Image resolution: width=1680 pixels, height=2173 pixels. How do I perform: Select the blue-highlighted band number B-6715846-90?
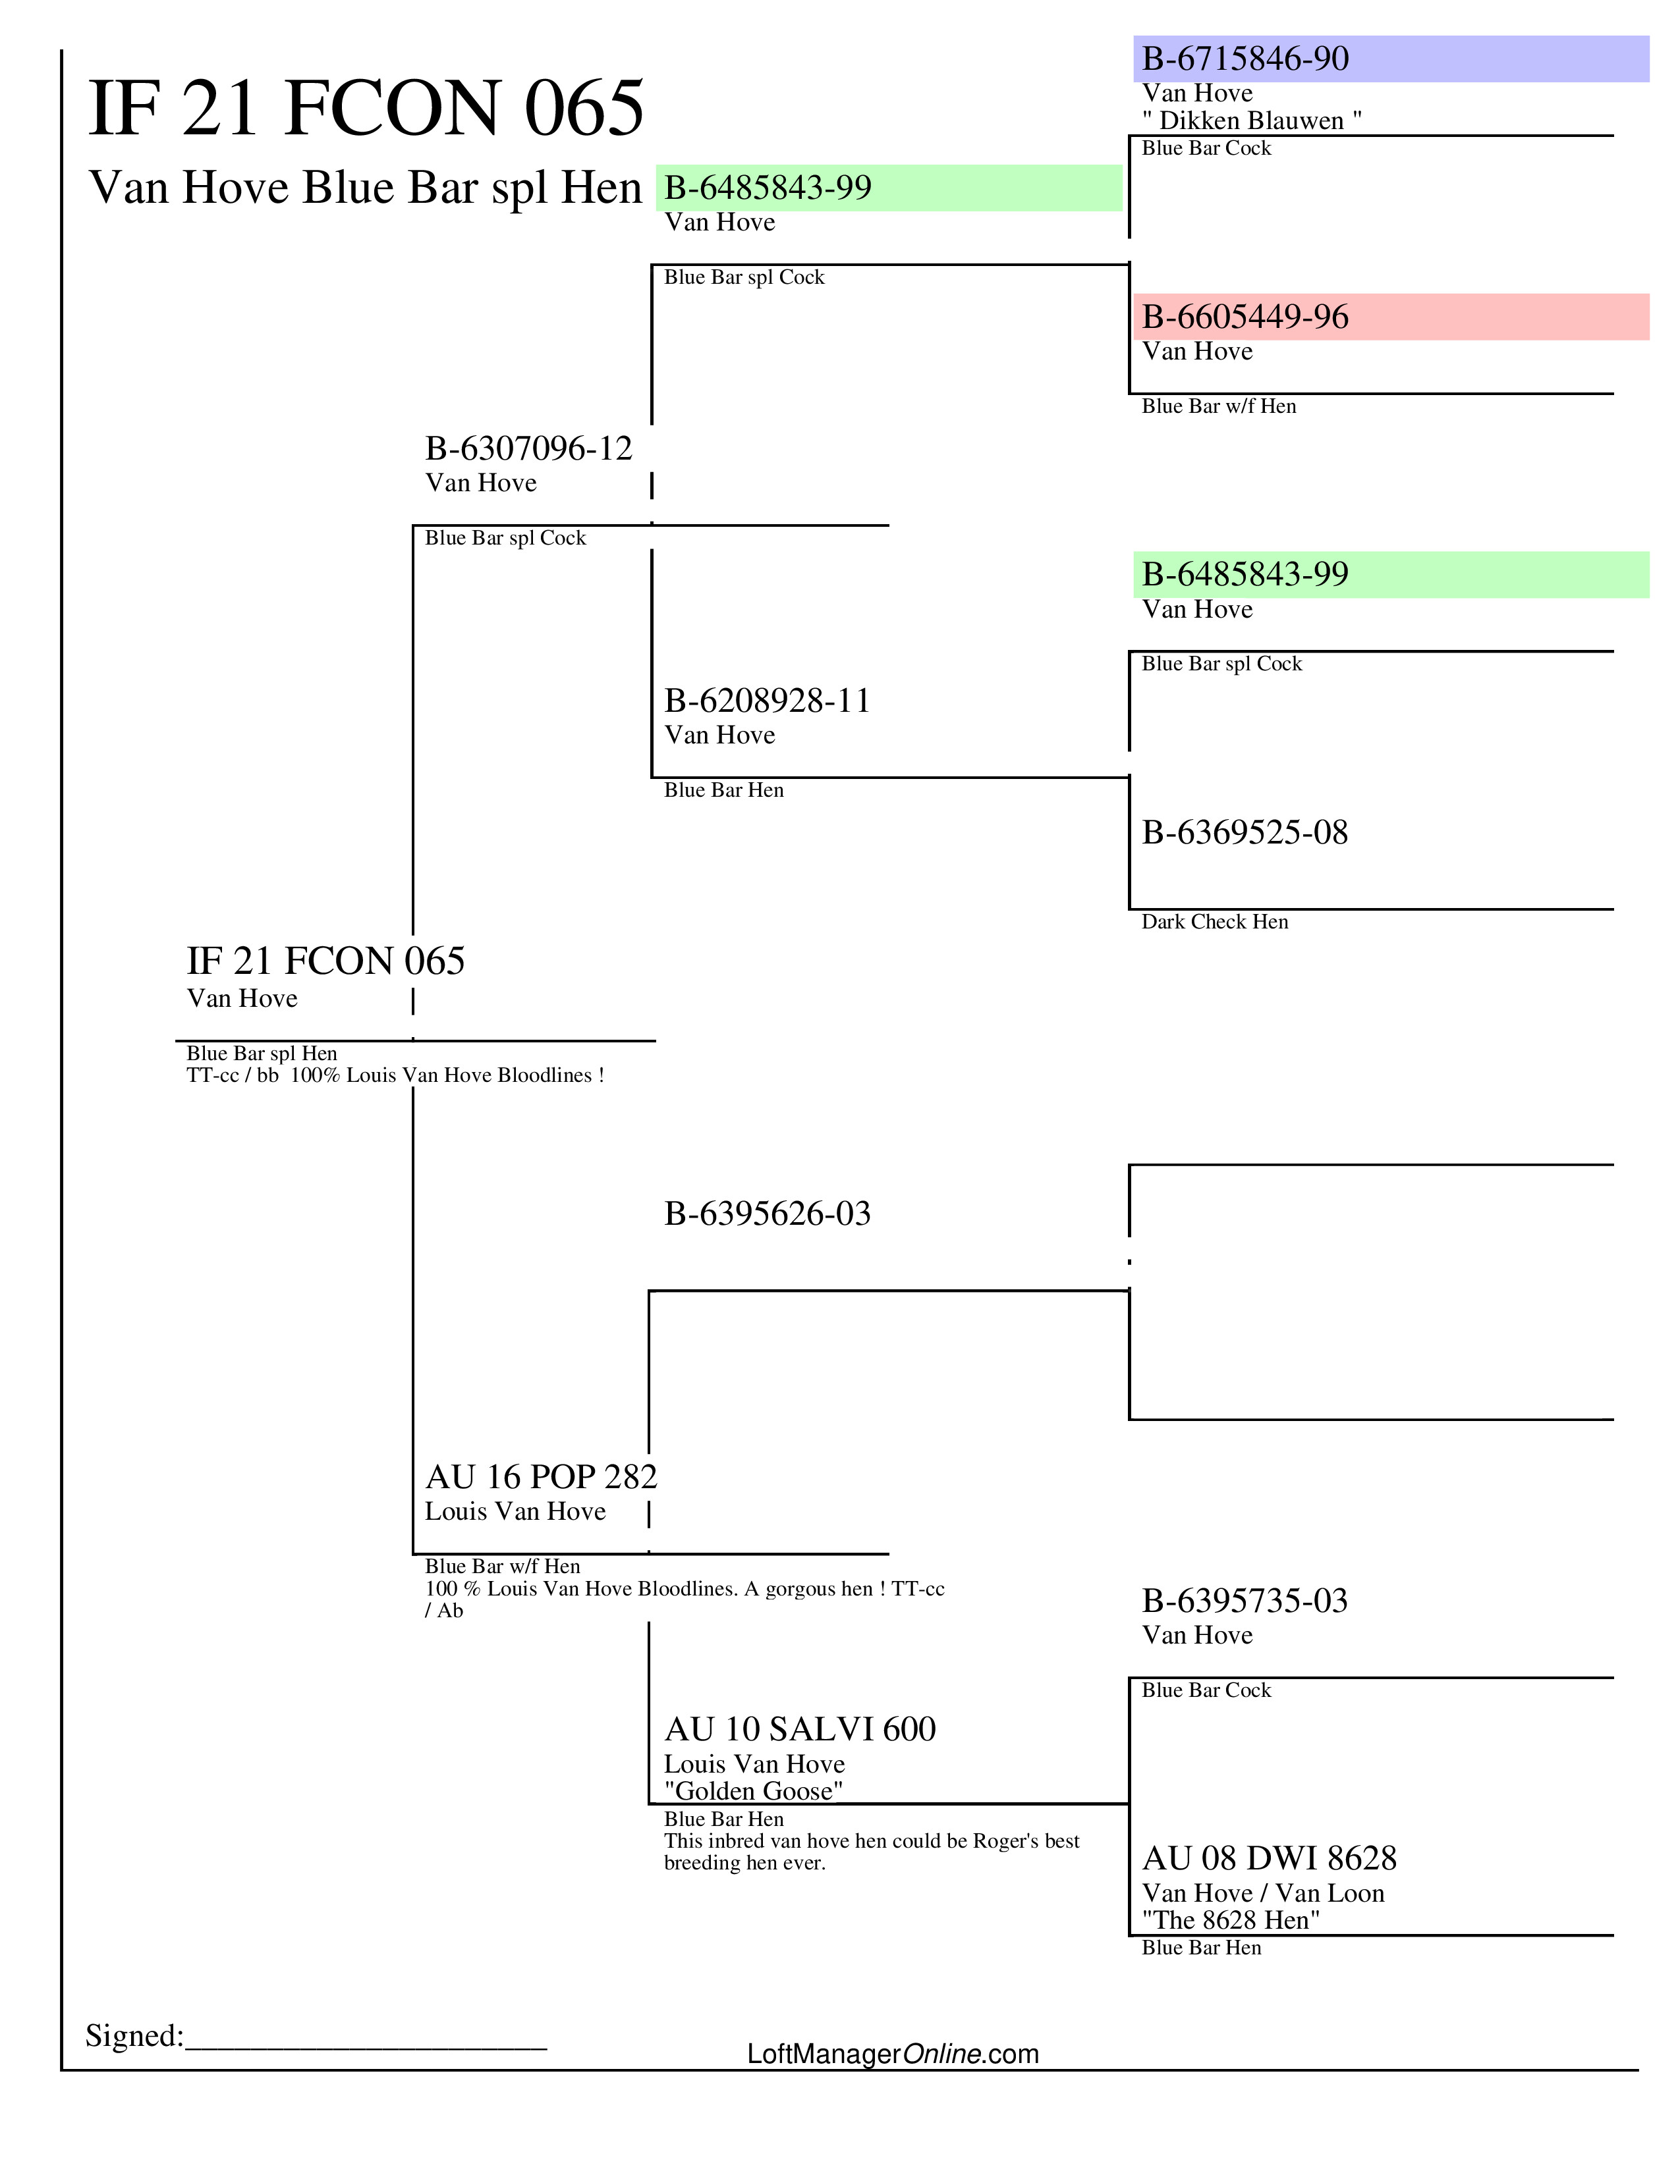click(x=1245, y=59)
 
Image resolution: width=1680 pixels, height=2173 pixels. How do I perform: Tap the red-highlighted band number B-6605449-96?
click(x=1245, y=317)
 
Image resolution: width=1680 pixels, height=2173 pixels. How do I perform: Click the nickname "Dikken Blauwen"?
click(x=1251, y=121)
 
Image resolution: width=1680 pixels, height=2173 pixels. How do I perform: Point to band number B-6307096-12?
click(x=528, y=448)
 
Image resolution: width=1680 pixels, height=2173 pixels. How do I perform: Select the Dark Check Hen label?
click(x=1214, y=923)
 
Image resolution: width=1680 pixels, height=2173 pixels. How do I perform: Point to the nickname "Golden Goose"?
click(x=754, y=1791)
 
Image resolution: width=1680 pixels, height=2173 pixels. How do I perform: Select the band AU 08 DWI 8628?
click(x=1269, y=1859)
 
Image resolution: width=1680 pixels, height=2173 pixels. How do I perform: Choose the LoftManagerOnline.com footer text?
click(x=893, y=2054)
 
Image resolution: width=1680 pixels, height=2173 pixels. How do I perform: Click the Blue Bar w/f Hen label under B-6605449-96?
click(x=1218, y=406)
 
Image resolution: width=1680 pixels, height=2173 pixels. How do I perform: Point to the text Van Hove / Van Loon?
click(x=1263, y=1893)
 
